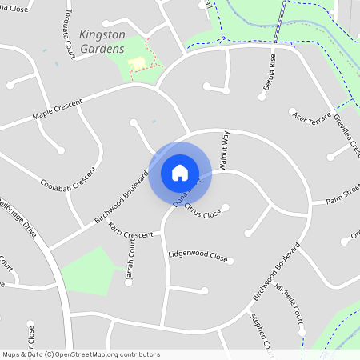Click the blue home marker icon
[x=180, y=172]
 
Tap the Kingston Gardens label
[x=102, y=42]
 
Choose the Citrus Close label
[x=202, y=211]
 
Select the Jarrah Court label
[x=130, y=264]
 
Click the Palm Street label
[x=342, y=194]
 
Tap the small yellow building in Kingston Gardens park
[x=138, y=62]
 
